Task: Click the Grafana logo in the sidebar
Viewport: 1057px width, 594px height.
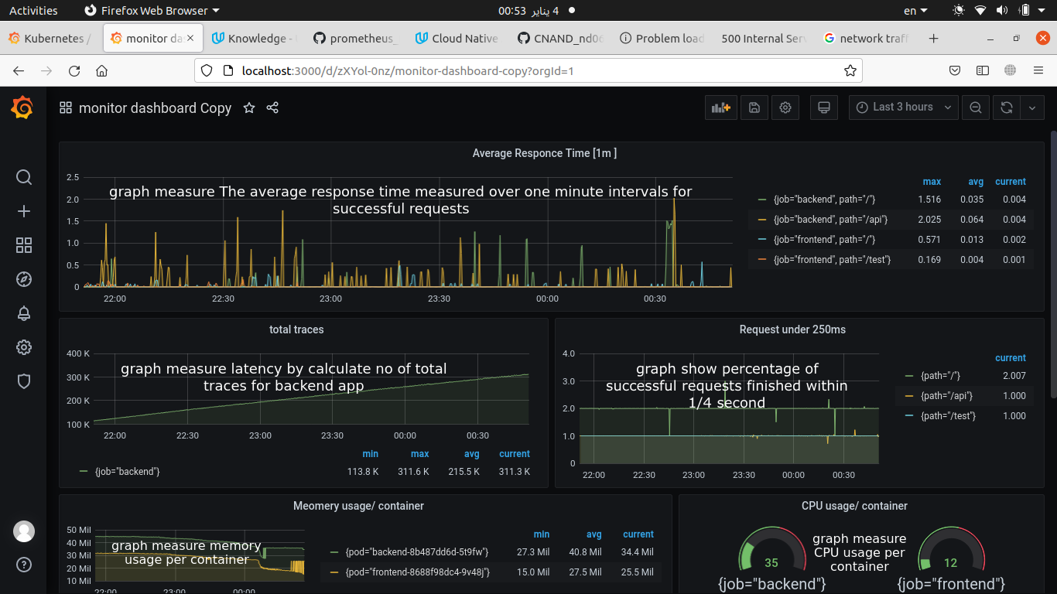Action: [x=22, y=108]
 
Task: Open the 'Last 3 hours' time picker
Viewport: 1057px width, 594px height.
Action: [x=903, y=108]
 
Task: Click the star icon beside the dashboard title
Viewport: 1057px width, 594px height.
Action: [x=249, y=108]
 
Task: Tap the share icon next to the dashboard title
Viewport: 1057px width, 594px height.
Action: [x=272, y=108]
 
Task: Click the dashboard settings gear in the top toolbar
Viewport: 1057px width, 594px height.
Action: [x=785, y=108]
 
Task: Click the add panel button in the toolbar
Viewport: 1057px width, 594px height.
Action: [x=720, y=108]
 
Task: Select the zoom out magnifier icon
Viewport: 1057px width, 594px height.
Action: [x=976, y=108]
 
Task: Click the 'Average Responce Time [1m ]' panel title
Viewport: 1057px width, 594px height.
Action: [x=544, y=153]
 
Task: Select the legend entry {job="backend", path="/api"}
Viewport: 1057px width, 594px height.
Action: [x=830, y=220]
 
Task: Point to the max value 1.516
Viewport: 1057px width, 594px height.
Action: [x=929, y=200]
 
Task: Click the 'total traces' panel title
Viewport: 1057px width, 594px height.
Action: [x=296, y=329]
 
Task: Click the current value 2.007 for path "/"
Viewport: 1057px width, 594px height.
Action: [x=1013, y=376]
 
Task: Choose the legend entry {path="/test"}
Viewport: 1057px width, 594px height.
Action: [x=948, y=416]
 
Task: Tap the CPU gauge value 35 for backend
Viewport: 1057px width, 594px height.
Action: [x=771, y=562]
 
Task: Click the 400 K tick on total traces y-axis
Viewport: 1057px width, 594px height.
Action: [x=78, y=353]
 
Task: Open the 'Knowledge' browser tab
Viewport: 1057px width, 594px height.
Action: [x=256, y=39]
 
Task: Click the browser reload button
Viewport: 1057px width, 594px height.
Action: [x=74, y=71]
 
